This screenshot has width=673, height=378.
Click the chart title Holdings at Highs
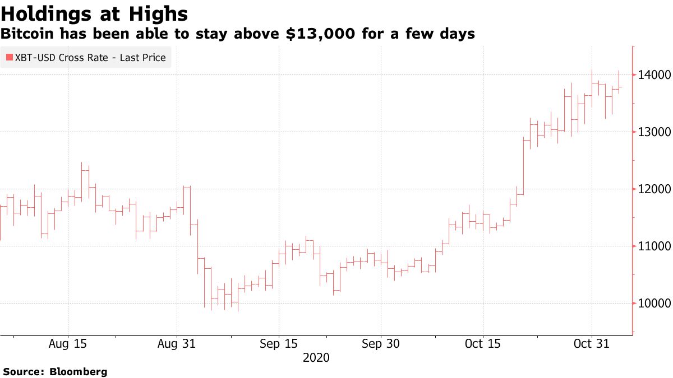(x=94, y=13)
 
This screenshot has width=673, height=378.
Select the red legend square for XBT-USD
(x=10, y=58)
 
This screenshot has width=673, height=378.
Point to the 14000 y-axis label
(x=653, y=74)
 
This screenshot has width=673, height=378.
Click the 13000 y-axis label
(x=653, y=132)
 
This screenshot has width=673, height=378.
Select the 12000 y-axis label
(x=653, y=189)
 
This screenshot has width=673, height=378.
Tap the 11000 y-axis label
(x=653, y=246)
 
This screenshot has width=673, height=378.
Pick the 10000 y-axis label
(x=653, y=304)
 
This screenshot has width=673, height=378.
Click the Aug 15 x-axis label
(x=68, y=343)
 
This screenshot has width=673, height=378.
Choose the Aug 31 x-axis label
(x=177, y=343)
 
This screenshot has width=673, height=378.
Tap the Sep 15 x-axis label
(x=278, y=343)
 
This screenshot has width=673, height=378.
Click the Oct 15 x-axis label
(x=482, y=343)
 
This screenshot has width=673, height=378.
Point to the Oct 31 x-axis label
(x=591, y=343)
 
